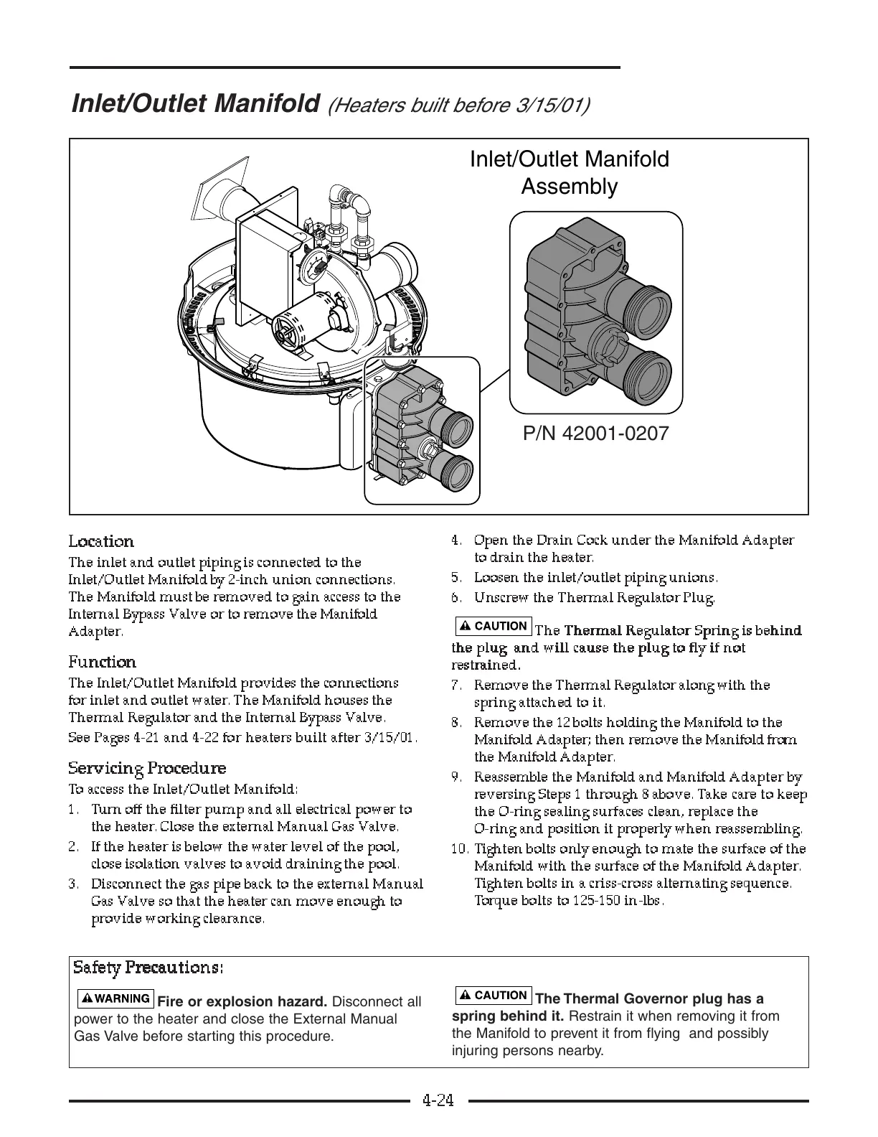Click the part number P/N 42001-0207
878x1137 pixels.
tap(595, 434)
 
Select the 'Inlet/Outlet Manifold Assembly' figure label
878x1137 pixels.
tap(569, 172)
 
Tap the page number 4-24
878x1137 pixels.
tap(438, 1100)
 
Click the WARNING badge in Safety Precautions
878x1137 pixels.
tap(115, 998)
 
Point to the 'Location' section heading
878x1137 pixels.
tap(101, 541)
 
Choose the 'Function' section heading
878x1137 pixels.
tap(102, 662)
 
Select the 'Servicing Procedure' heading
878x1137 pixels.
tap(147, 768)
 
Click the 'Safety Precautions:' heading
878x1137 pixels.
tap(148, 968)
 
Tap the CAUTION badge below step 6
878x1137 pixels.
tap(494, 626)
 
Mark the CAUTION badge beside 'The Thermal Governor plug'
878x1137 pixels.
tap(494, 995)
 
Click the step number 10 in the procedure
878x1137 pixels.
tap(460, 849)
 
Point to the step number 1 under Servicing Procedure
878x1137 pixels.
tap(73, 810)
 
